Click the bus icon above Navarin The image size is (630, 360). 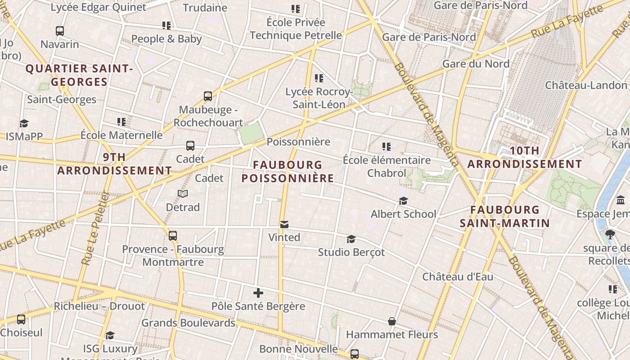[x=60, y=31]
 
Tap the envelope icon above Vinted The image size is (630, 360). [x=284, y=224]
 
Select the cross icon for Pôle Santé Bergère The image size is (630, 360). [x=258, y=293]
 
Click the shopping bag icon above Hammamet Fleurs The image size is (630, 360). [x=392, y=321]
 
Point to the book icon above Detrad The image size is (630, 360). [x=182, y=194]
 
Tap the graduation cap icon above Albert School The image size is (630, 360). [x=403, y=201]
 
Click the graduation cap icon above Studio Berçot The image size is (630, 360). [x=351, y=239]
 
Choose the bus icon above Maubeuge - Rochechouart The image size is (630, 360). [x=207, y=96]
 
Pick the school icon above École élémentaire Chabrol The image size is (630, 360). [x=386, y=147]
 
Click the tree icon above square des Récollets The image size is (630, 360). [x=610, y=234]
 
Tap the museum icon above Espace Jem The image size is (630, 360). [x=621, y=200]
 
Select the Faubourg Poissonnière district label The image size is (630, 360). [x=288, y=171]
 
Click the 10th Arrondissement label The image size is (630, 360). [x=525, y=157]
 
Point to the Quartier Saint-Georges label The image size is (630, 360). [x=79, y=75]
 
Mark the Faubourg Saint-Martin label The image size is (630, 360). [x=505, y=216]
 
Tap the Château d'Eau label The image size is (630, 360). [x=458, y=277]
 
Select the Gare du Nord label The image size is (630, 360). [x=476, y=63]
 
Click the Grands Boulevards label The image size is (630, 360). [x=188, y=323]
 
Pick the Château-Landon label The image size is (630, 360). [x=586, y=85]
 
